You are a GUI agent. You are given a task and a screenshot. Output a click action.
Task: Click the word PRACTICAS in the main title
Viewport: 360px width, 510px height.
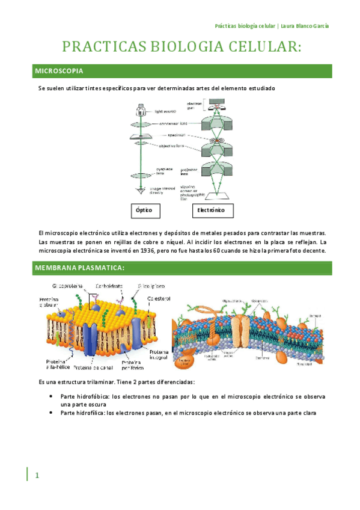coord(105,48)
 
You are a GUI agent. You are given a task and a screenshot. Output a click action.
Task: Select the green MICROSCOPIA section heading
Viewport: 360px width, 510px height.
coord(59,72)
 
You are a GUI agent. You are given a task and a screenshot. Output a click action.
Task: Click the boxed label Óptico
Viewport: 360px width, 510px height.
coord(144,211)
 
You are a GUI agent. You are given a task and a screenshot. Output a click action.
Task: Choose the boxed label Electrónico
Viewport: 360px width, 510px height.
coord(210,211)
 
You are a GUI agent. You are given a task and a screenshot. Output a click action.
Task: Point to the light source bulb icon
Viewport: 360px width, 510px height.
coord(141,109)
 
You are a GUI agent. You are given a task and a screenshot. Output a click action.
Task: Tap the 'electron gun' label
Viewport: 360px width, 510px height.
coord(194,106)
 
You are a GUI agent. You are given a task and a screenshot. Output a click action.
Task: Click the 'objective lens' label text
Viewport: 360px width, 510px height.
coord(171,147)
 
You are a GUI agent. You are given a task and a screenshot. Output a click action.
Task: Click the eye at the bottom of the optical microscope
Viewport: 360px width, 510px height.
coord(141,191)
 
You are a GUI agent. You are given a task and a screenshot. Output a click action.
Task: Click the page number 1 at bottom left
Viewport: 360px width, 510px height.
coord(37,476)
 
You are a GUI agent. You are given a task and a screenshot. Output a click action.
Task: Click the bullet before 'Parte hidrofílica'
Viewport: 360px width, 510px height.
coord(53,413)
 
